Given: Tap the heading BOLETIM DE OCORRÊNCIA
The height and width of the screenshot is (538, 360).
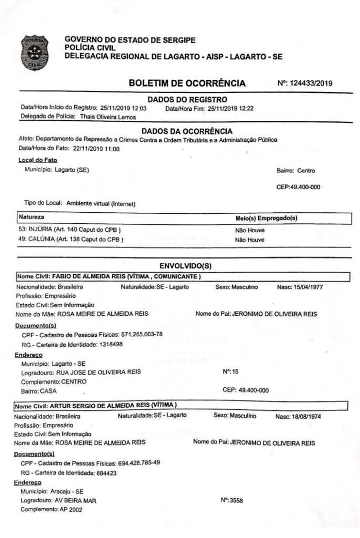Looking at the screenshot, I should pos(187,83).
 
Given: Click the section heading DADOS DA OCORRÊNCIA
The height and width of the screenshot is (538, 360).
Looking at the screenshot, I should pos(187,130).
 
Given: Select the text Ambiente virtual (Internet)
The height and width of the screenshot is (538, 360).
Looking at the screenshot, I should pos(101,203).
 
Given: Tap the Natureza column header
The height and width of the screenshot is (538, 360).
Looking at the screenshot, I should pos(32,216).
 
